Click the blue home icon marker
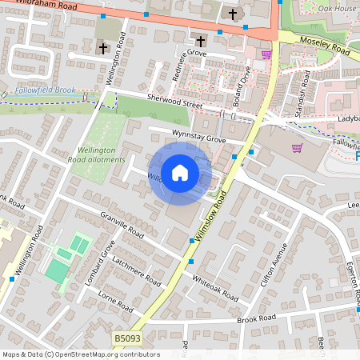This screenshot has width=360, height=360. pyautogui.click(x=179, y=173)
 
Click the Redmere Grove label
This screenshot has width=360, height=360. pyautogui.click(x=184, y=54)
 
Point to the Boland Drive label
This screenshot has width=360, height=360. pyautogui.click(x=247, y=79)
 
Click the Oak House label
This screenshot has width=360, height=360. pyautogui.click(x=337, y=8)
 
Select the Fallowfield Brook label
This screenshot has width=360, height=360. pyautogui.click(x=45, y=90)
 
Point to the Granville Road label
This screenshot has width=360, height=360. pyautogui.click(x=122, y=226)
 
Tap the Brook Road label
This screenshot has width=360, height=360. pyautogui.click(x=256, y=318)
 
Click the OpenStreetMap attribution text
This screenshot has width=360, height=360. pyautogui.click(x=81, y=354)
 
